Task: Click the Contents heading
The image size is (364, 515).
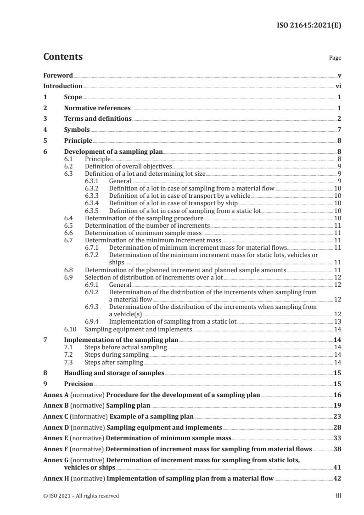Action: coord(63,57)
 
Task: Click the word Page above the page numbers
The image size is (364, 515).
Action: coord(335,58)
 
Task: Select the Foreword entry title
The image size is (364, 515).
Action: coord(58,75)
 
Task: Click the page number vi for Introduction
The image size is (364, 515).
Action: coord(338,86)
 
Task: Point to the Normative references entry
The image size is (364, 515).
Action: coord(97,108)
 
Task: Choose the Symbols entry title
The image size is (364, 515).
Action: coord(77,130)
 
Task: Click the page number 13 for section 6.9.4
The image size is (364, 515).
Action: coord(337,322)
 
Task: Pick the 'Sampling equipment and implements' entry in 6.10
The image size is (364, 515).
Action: coord(138,329)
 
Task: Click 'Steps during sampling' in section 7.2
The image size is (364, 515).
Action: coord(117,355)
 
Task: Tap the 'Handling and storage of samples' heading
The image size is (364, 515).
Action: coord(114,373)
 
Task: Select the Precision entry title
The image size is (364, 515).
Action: coord(78,384)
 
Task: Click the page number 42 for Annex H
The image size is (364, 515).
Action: coord(337,478)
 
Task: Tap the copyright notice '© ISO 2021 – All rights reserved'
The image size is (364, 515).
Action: coord(81,496)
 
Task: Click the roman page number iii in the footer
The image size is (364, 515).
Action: coord(338,496)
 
